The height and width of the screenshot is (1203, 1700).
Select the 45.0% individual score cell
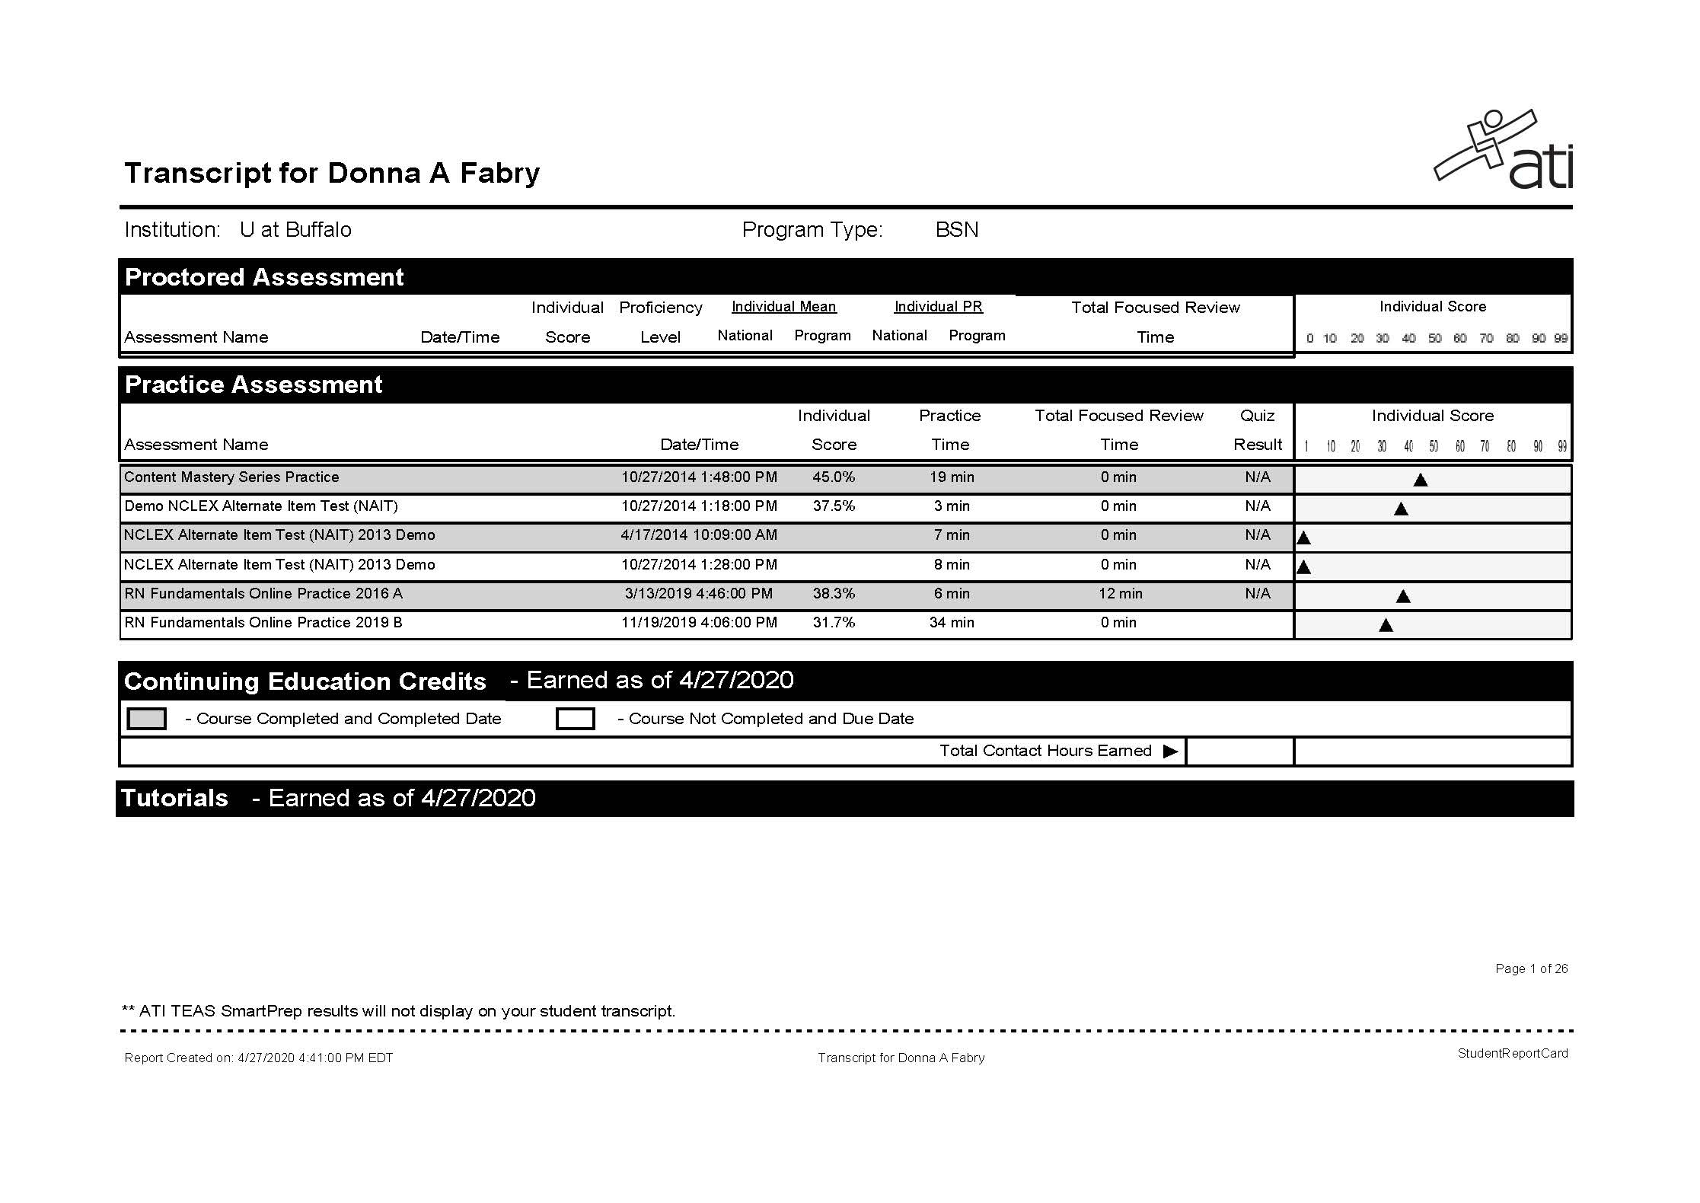834,477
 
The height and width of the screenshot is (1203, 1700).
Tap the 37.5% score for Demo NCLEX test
834,506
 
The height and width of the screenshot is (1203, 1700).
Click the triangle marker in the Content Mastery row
1420,480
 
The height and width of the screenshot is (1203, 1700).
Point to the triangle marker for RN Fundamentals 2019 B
1386,626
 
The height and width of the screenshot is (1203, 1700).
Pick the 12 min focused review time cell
1120,594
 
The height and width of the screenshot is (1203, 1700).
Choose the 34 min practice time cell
952,623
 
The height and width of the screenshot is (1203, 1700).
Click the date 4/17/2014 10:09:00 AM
699,535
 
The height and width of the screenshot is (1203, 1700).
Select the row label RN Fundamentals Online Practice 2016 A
263,594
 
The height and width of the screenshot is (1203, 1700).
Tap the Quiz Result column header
1258,430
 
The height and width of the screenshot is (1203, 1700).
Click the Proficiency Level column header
660,322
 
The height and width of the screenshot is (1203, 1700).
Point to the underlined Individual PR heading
938,307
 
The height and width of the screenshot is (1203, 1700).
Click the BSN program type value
957,230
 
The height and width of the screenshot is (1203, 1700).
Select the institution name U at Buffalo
295,230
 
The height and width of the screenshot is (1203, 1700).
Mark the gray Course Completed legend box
146,719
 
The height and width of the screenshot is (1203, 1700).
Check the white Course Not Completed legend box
575,719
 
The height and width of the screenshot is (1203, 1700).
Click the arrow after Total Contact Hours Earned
1170,751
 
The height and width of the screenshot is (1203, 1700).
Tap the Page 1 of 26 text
1531,968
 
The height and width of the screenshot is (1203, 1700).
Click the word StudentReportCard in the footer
1512,1054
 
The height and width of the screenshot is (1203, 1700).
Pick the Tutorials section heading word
175,798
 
